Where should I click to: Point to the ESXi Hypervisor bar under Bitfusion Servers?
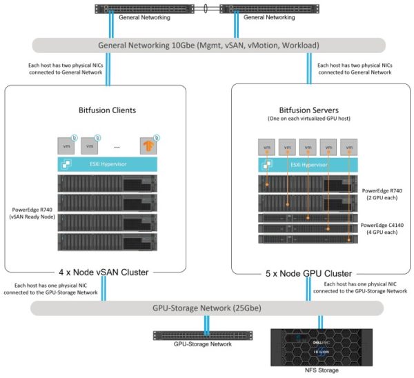[308, 166]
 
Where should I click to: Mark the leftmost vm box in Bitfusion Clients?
[66, 146]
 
